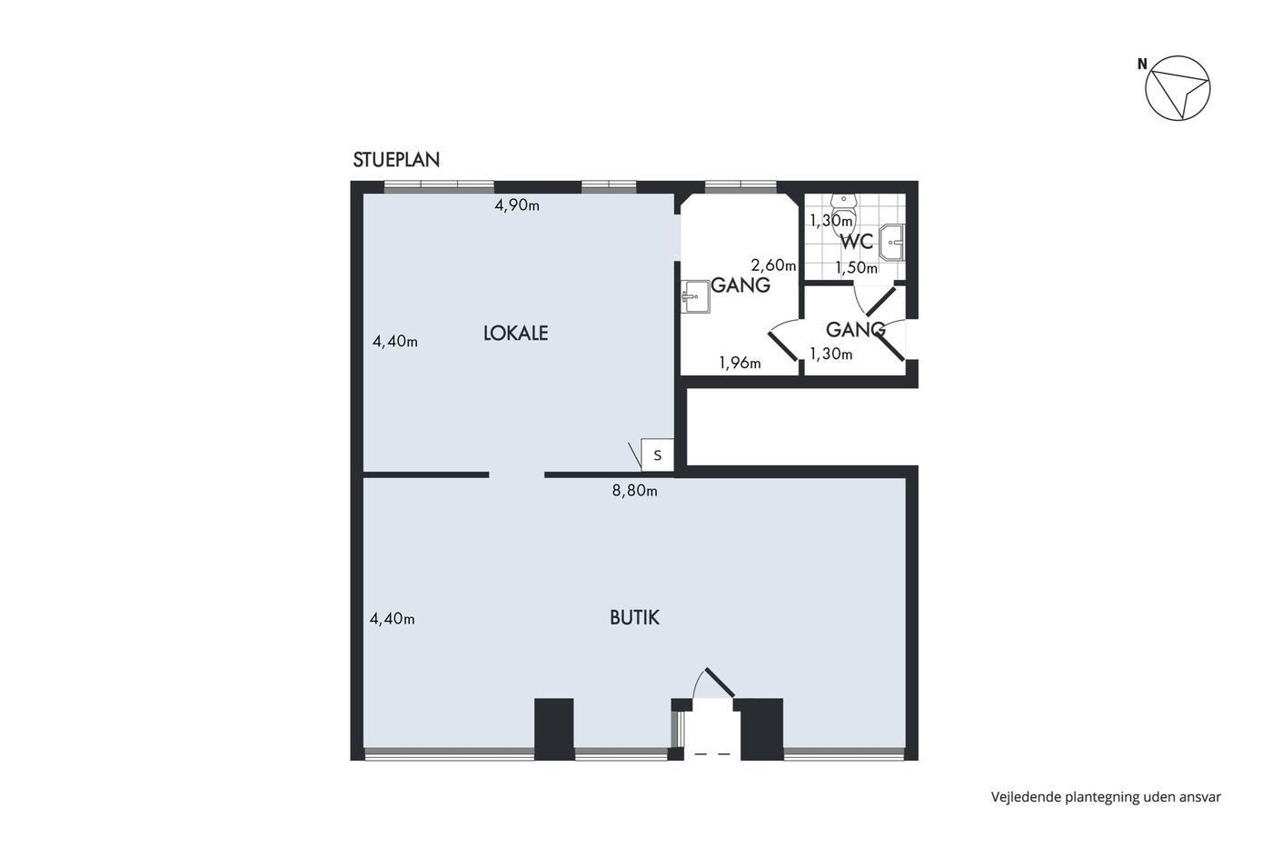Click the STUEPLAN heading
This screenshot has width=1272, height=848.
pos(396,160)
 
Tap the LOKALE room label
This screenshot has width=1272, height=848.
pos(516,334)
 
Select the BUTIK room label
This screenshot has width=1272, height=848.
pos(634,617)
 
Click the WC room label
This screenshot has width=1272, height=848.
pos(856,242)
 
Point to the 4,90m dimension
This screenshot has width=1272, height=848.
pos(517,205)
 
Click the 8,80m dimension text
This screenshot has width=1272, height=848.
pos(634,490)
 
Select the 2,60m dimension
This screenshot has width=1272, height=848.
pos(773,265)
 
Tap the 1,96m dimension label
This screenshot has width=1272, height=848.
pos(740,363)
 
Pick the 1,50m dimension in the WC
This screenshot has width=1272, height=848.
pos(856,267)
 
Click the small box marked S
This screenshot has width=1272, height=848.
pos(658,455)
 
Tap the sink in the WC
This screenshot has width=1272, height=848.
pos(891,243)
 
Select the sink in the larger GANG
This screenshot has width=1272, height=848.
pos(696,296)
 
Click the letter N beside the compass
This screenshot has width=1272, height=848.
pos(1142,65)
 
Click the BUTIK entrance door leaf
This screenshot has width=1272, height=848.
pos(720,683)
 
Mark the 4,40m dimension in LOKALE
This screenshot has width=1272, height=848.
pos(394,342)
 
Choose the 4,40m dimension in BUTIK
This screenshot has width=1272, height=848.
pos(392,619)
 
